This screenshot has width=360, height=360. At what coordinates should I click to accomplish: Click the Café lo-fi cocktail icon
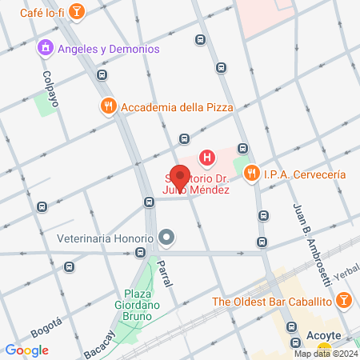tap(77, 11)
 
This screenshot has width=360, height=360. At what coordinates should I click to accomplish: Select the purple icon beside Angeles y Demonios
tap(45, 49)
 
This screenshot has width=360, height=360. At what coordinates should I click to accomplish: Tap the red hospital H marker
tap(207, 158)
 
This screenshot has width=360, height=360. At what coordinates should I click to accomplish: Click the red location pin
tap(181, 177)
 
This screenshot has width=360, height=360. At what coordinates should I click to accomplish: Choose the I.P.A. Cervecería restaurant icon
tap(252, 172)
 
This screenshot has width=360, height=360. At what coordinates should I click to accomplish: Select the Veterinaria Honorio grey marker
tap(166, 238)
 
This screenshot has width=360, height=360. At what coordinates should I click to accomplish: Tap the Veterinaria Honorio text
tap(105, 238)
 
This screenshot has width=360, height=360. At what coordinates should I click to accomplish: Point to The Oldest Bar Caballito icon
tap(343, 301)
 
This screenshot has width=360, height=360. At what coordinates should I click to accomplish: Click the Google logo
tap(26, 350)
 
